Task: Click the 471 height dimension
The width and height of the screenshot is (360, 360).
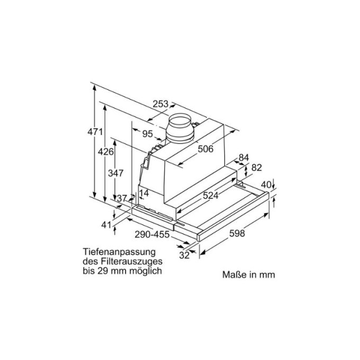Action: pos(95,133)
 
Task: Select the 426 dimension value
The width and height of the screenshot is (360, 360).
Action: pos(107,152)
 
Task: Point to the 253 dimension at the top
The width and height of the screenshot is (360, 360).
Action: pos(160,104)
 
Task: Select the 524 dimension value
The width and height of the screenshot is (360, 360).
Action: pos(210,195)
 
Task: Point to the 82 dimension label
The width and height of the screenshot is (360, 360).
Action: pos(256,167)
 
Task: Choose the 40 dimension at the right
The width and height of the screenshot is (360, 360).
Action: pos(266,184)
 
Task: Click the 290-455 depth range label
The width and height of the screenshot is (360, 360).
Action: pos(152,233)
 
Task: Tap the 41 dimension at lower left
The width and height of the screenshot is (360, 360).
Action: pos(107,224)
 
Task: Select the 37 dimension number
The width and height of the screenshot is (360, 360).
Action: pos(122,198)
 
